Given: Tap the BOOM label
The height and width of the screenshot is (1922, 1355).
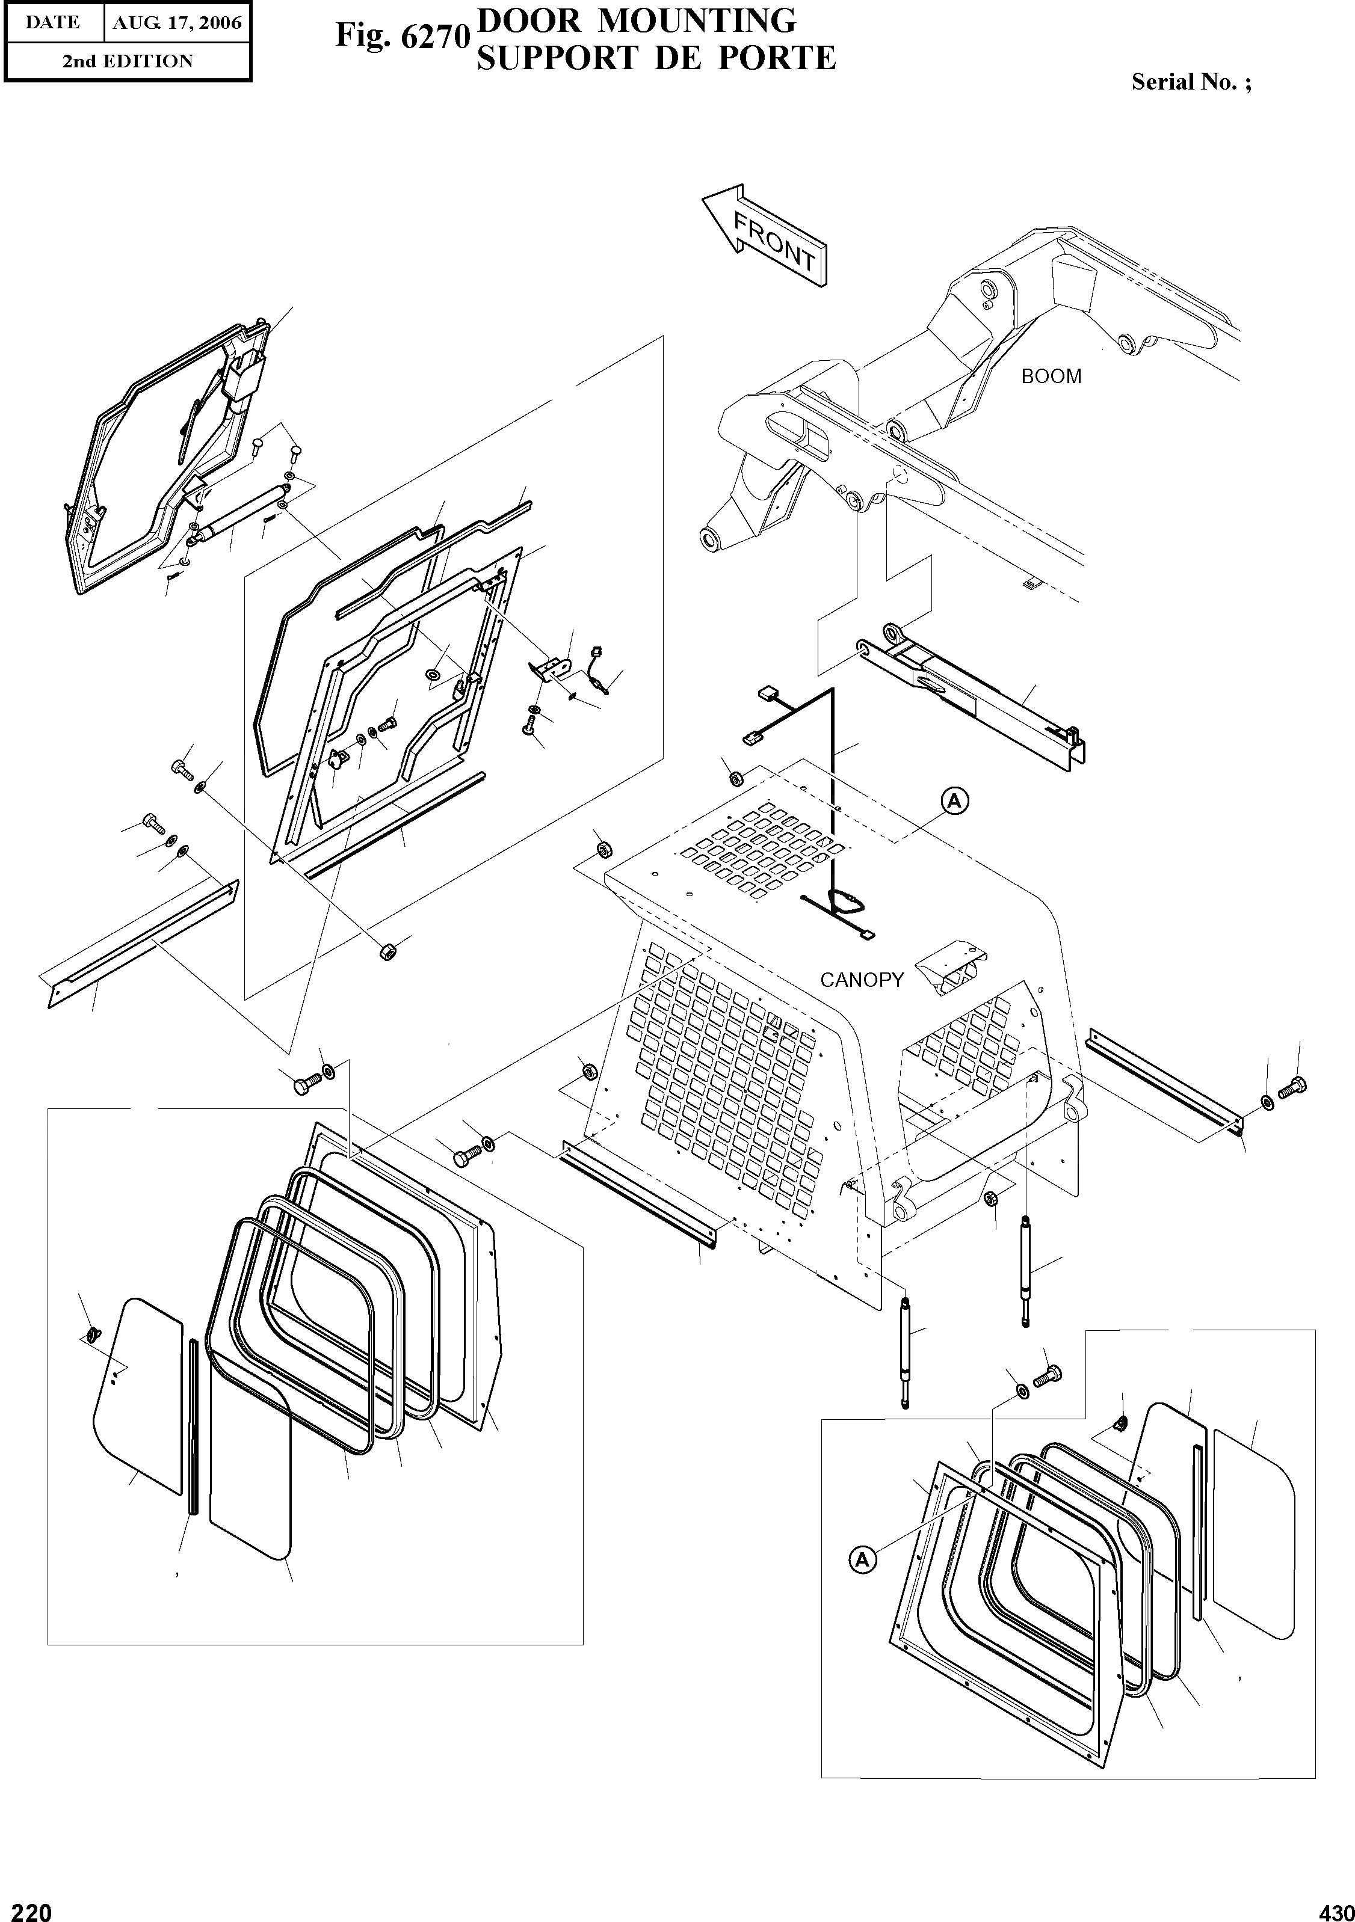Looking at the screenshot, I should pos(1051,376).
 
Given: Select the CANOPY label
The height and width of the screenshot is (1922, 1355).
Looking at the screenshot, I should pos(862,980).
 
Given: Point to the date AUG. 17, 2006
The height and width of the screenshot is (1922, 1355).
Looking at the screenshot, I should pos(177,23).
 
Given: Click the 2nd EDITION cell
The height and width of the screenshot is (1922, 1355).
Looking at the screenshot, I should pos(128,61).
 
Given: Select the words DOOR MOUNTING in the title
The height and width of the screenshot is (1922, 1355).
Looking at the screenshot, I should pos(637,19).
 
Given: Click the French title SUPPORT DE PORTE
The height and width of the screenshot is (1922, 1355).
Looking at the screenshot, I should pos(656,58).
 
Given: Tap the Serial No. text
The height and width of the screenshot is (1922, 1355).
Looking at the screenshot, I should pos(1191,82).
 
